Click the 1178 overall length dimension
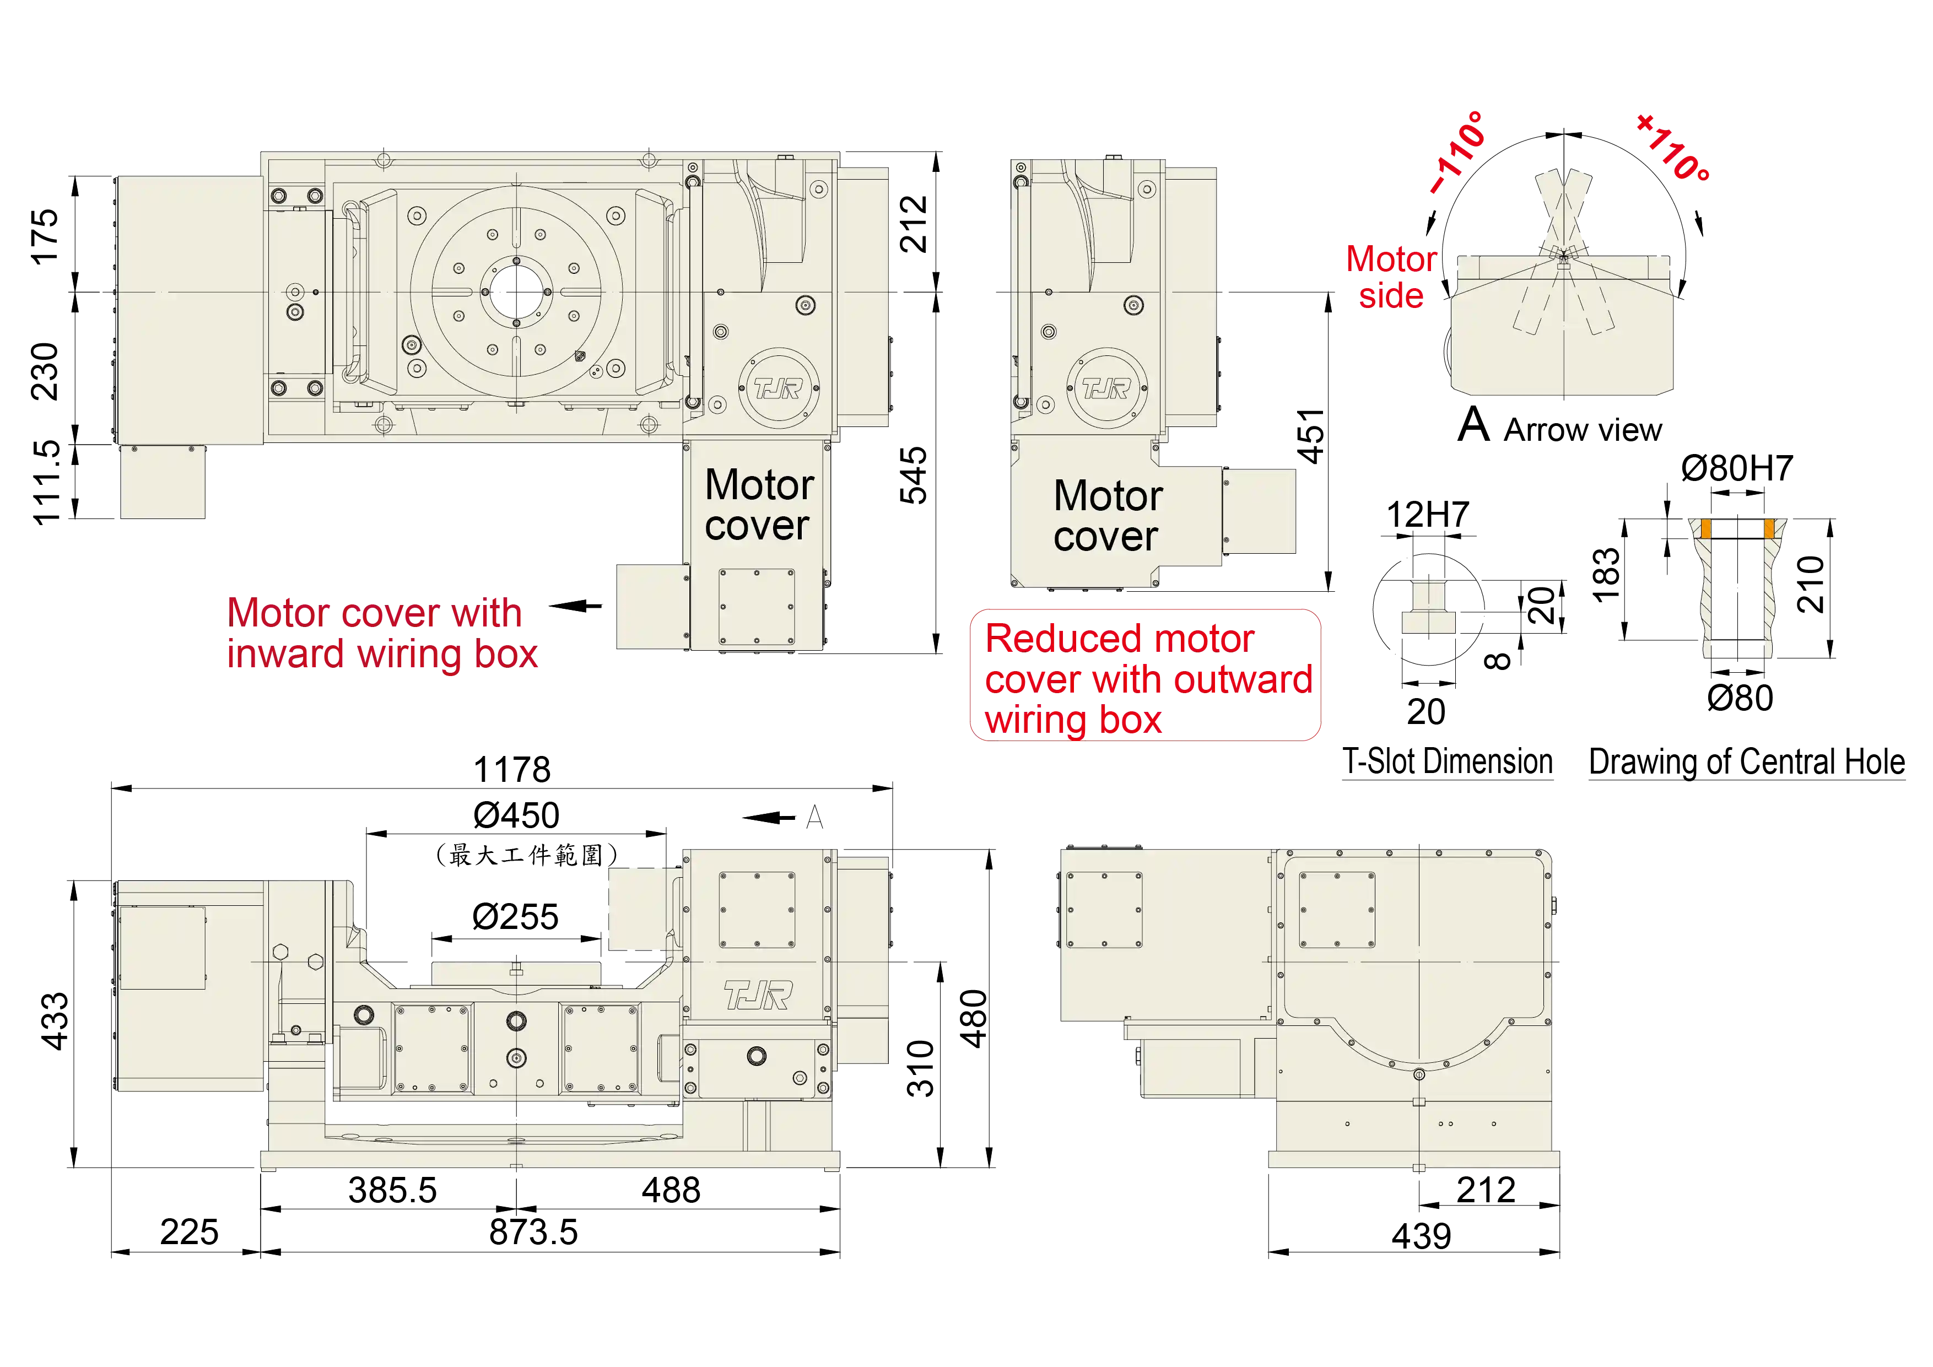coord(512,769)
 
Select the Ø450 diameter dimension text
coord(516,815)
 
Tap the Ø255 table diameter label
coord(515,917)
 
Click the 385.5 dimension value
coord(392,1190)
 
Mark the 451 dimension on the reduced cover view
coord(1311,436)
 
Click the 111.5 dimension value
coord(46,482)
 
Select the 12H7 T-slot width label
coord(1428,514)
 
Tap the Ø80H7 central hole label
coord(1737,468)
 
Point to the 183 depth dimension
coord(1606,575)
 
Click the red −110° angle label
coord(1459,152)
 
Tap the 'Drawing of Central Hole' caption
coord(1747,762)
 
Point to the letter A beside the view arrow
coord(814,817)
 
